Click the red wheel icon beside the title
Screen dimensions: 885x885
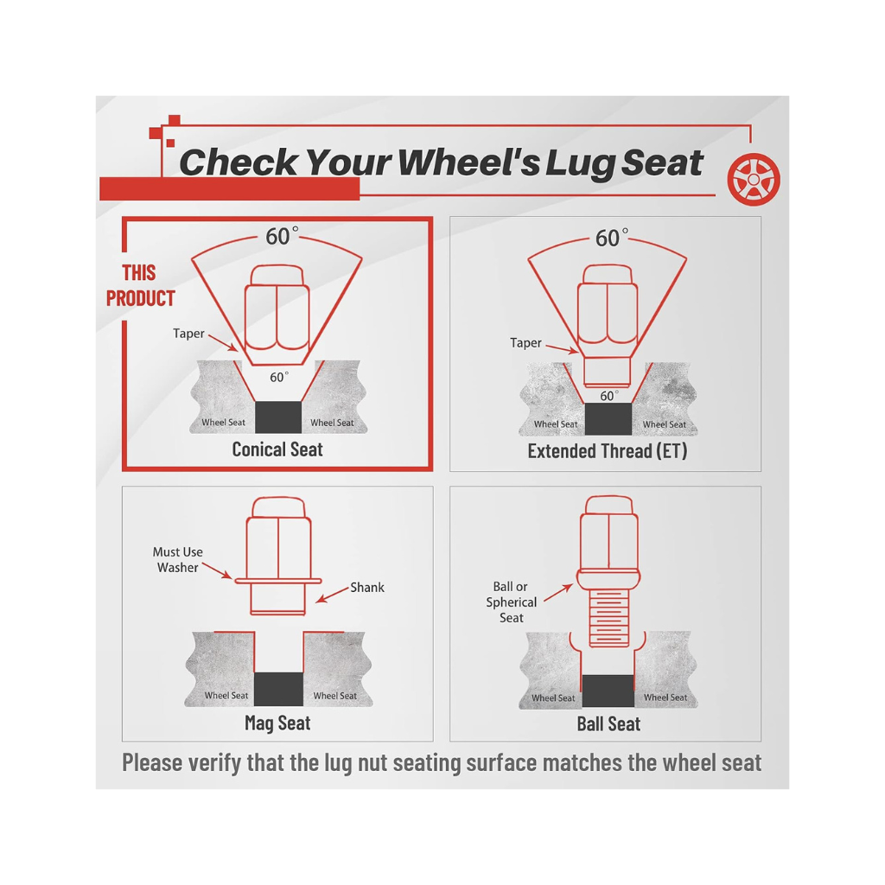[x=754, y=179]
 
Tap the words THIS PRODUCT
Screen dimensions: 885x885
[x=141, y=285]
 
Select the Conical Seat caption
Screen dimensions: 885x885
[x=277, y=449]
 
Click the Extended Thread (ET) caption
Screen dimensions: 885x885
[x=608, y=451]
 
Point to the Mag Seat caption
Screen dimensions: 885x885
[x=277, y=723]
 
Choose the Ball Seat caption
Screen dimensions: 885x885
[x=608, y=723]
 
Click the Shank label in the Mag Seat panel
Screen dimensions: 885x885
[x=366, y=588]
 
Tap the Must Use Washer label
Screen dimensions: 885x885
[x=178, y=559]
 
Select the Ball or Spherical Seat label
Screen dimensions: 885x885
[x=511, y=602]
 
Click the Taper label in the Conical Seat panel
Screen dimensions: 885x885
[x=188, y=334]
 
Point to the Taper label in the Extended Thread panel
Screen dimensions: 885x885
[x=525, y=342]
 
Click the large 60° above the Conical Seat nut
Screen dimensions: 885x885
[x=282, y=236]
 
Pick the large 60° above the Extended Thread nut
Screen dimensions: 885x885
[x=611, y=238]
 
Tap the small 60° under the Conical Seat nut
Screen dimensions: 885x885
[x=279, y=377]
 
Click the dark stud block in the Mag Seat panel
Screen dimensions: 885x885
[x=278, y=689]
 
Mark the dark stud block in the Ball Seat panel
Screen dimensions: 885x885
[x=608, y=691]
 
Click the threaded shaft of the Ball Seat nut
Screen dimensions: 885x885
[x=608, y=618]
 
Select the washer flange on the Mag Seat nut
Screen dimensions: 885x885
[x=277, y=581]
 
